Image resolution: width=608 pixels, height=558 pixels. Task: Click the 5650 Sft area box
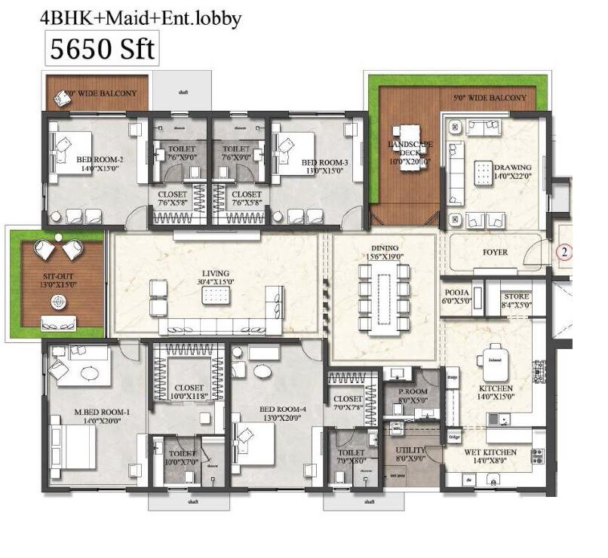(101, 49)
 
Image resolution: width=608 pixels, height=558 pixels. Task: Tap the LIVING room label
(215, 274)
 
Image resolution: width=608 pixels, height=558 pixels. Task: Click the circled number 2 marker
(562, 253)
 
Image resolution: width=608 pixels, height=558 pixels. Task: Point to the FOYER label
(495, 252)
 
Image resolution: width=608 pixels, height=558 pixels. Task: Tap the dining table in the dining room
(384, 296)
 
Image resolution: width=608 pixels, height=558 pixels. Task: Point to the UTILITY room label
(412, 450)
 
